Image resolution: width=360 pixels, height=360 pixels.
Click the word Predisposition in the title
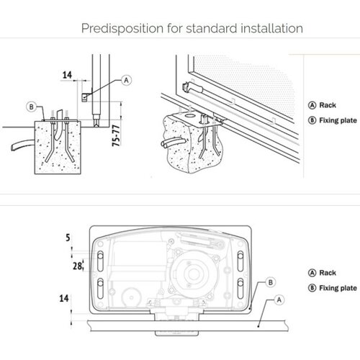pyautogui.click(x=122, y=29)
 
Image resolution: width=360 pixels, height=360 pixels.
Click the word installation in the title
pyautogui.click(x=271, y=28)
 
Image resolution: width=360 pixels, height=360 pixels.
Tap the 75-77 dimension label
pyautogui.click(x=116, y=135)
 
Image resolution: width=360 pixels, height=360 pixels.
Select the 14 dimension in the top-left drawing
pyautogui.click(x=67, y=75)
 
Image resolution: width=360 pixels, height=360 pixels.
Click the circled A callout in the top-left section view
pyautogui.click(x=126, y=80)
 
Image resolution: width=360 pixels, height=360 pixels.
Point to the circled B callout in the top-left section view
pyautogui.click(x=31, y=107)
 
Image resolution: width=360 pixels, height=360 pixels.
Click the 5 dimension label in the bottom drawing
pyautogui.click(x=68, y=238)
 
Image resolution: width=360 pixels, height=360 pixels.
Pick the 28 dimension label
pyautogui.click(x=77, y=266)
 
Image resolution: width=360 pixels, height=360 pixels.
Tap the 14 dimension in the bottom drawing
pyautogui.click(x=64, y=298)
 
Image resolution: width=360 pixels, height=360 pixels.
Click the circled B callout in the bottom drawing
pyautogui.click(x=271, y=282)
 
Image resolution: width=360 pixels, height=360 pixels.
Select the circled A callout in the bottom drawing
pyautogui.click(x=279, y=300)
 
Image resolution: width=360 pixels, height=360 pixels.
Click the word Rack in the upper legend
pyautogui.click(x=328, y=105)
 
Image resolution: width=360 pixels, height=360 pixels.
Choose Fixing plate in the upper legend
pyautogui.click(x=338, y=120)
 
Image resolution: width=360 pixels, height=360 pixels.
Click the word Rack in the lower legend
pyautogui.click(x=328, y=273)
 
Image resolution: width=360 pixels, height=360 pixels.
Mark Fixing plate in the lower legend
pyautogui.click(x=338, y=288)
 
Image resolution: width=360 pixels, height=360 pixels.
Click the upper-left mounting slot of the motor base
pyautogui.click(x=101, y=261)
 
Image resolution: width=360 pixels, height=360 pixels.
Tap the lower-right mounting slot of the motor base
pyautogui.click(x=240, y=289)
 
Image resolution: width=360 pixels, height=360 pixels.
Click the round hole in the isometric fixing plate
pyautogui.click(x=190, y=115)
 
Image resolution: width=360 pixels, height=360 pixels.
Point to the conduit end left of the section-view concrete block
pyautogui.click(x=13, y=148)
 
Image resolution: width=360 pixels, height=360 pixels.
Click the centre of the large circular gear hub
pyautogui.click(x=193, y=274)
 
